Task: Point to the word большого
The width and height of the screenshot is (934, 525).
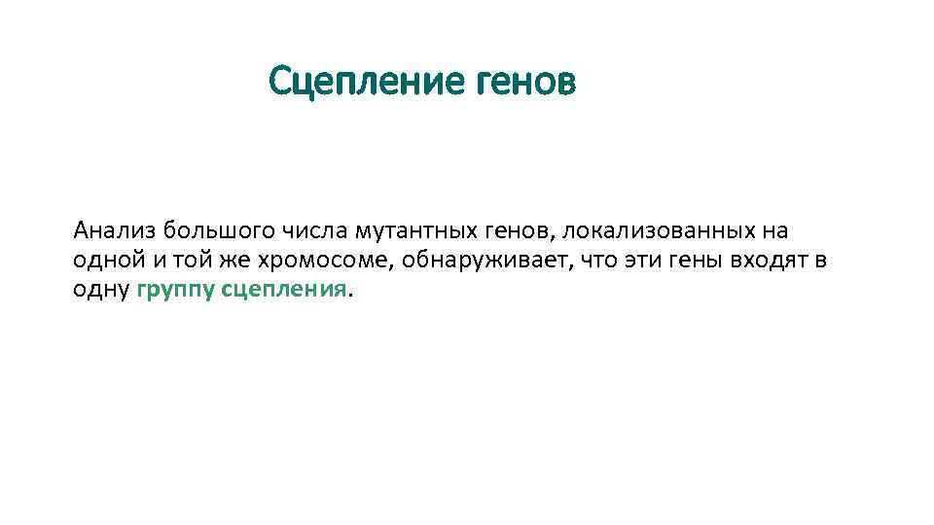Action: click(x=220, y=231)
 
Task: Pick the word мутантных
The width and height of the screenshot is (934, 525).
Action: click(x=413, y=231)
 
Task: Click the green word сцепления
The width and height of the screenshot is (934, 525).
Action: click(x=284, y=291)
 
